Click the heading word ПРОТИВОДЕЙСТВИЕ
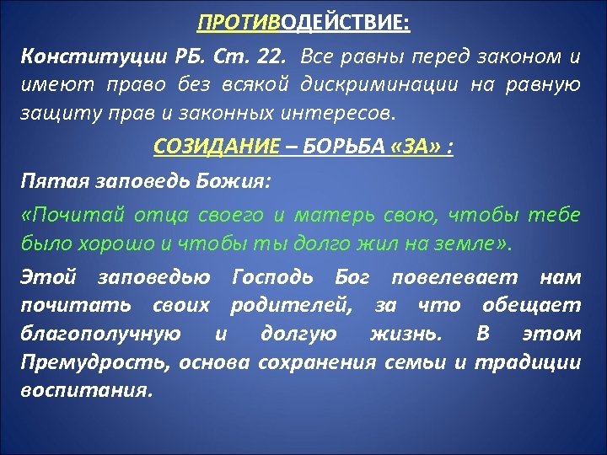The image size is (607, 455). tap(303, 19)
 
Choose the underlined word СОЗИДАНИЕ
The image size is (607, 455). tap(216, 148)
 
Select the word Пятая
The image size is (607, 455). tap(50, 180)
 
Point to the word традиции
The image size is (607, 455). tap(528, 363)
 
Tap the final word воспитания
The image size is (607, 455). tap(87, 391)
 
